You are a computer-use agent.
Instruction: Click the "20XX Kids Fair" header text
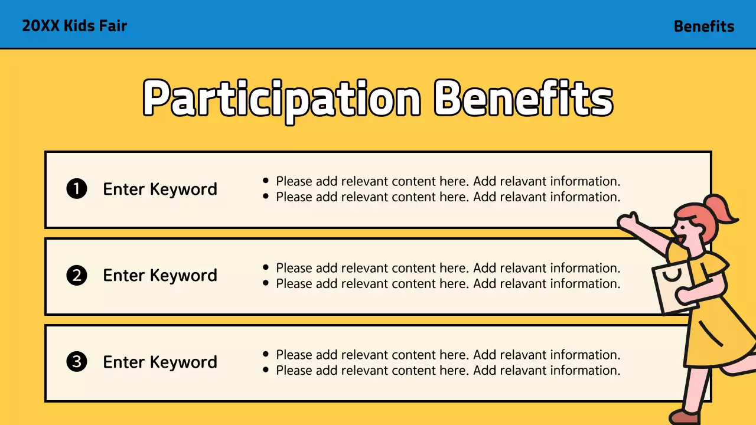(x=74, y=26)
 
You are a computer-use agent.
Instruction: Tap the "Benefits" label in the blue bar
(x=703, y=27)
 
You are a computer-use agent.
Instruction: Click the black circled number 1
(x=77, y=189)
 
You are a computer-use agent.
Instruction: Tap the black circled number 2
(x=77, y=276)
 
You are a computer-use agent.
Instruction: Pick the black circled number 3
(x=77, y=362)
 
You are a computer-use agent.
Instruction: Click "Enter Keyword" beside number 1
(x=160, y=189)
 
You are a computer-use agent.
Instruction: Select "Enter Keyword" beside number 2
(x=160, y=276)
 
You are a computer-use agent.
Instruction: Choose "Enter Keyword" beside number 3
(x=160, y=362)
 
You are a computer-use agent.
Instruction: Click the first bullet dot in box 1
(x=265, y=181)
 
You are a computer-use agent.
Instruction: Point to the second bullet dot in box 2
(x=265, y=283)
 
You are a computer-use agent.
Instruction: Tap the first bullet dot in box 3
(x=265, y=355)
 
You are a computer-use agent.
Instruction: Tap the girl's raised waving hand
(x=628, y=221)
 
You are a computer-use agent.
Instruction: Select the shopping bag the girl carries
(x=675, y=287)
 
